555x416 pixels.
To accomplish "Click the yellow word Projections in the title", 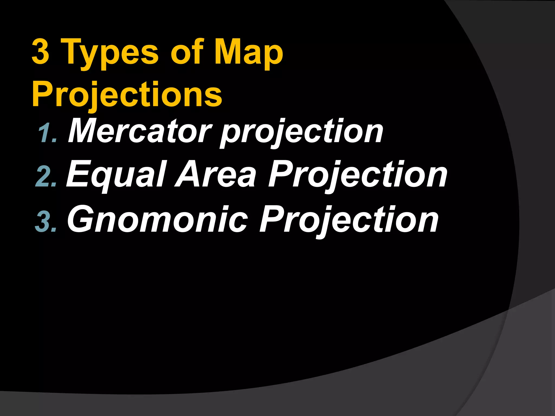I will [x=127, y=95].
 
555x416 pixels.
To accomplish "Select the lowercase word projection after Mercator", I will [x=302, y=133].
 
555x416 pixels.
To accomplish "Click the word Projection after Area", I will [x=358, y=175].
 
